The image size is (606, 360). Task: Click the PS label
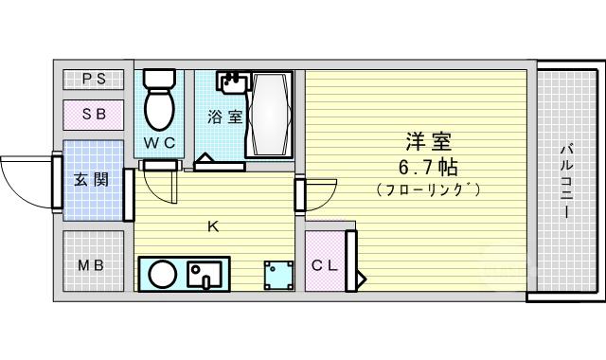pos(95,80)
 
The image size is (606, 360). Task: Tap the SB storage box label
pos(95,115)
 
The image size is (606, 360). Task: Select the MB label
pos(91,265)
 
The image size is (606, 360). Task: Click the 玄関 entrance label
pos(92,180)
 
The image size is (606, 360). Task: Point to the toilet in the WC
pos(159,99)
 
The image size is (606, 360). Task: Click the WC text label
pos(160,143)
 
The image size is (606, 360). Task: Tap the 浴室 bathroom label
pos(225,117)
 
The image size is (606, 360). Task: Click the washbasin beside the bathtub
pos(232,82)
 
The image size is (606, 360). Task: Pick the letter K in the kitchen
pos(213,226)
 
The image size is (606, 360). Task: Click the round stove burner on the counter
pos(163,274)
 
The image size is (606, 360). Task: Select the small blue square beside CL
pos(278,276)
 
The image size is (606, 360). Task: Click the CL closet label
pos(325,265)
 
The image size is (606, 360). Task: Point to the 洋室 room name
pos(429,141)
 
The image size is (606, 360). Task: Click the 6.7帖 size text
pos(428,168)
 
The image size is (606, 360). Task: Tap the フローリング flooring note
pos(428,189)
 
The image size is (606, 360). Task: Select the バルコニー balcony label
pos(567,182)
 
